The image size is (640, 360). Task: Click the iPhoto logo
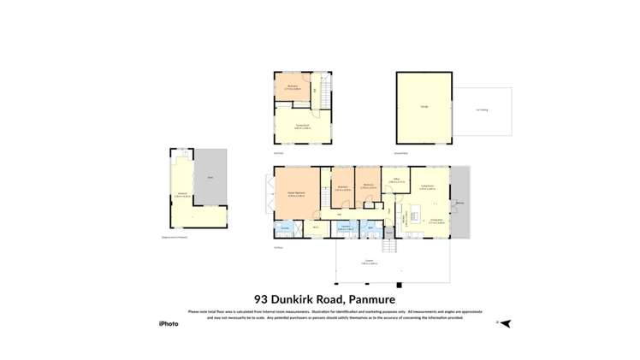click(x=169, y=324)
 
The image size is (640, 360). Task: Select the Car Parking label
click(x=483, y=109)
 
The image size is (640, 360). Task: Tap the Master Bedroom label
click(x=296, y=194)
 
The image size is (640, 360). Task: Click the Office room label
click(x=396, y=180)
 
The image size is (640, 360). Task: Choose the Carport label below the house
click(x=369, y=261)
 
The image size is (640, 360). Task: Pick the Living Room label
click(x=426, y=186)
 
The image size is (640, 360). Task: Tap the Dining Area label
click(x=434, y=220)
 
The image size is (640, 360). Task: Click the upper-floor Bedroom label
click(x=293, y=86)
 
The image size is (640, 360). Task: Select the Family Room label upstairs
click(x=301, y=127)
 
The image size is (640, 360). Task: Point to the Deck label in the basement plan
click(x=210, y=177)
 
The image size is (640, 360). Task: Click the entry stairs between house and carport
click(x=390, y=246)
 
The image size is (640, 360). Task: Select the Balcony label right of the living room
click(x=459, y=204)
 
